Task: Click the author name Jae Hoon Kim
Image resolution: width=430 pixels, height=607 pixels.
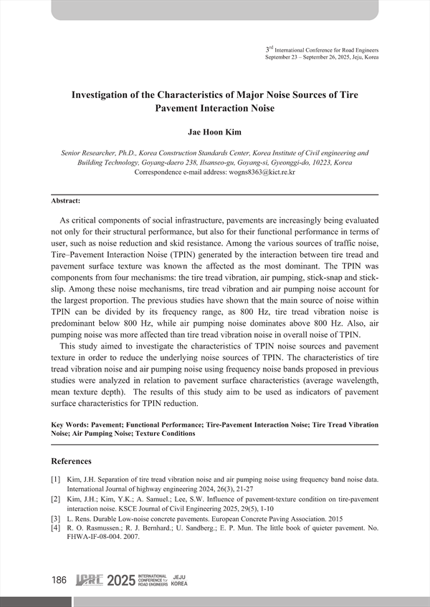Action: (214, 132)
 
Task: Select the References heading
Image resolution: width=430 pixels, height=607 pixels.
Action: (77, 460)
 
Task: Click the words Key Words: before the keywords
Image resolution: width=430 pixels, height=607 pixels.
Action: (71, 425)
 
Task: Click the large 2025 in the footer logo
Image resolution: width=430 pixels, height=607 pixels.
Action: (120, 581)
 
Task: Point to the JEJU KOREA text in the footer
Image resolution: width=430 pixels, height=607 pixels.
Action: (180, 581)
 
